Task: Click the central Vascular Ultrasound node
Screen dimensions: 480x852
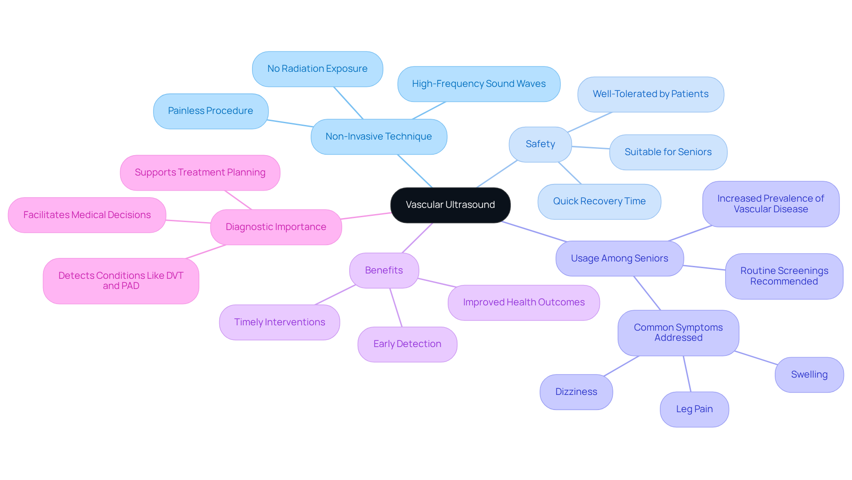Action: pos(450,205)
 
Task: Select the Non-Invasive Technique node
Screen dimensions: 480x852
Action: pos(379,137)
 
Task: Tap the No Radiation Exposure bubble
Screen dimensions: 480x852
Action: pos(317,69)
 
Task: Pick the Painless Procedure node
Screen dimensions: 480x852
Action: pos(210,111)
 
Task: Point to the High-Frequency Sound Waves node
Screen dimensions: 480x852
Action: pos(478,84)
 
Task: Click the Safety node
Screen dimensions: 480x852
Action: pos(540,144)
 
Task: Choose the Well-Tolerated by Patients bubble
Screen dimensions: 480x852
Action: pos(651,94)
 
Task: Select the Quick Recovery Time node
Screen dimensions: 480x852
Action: pos(599,201)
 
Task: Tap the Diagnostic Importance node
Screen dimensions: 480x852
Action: pos(276,227)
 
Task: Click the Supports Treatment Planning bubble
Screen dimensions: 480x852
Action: pos(200,172)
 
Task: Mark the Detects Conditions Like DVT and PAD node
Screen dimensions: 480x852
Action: pos(121,281)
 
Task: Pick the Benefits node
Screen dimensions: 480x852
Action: pos(384,270)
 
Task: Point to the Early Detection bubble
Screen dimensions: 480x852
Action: pos(407,344)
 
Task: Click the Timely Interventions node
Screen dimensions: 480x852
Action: pos(280,322)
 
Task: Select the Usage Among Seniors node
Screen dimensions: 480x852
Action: pos(619,258)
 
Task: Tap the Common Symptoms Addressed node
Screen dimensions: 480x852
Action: pos(678,332)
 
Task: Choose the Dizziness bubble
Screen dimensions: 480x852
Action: pos(576,392)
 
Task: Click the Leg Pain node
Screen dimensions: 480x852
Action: pos(694,409)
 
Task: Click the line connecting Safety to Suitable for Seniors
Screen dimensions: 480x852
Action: pos(591,148)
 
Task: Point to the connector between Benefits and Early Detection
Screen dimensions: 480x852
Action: pos(396,308)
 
